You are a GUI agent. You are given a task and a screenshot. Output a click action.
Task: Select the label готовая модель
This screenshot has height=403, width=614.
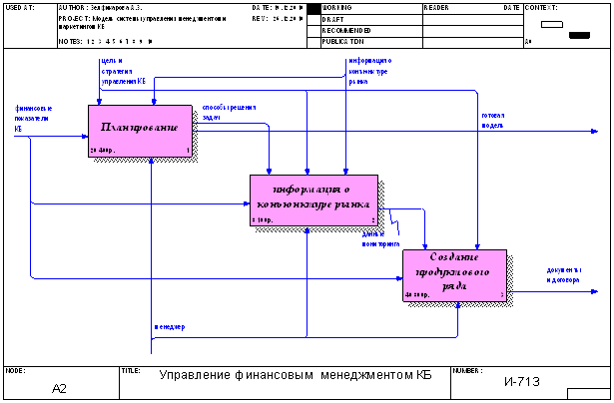click(492, 121)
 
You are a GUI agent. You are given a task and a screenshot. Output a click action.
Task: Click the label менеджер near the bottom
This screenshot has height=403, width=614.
click(169, 327)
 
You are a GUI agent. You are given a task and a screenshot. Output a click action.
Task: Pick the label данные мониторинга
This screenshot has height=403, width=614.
click(380, 239)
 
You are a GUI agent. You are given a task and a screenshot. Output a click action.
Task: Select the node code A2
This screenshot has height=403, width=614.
click(58, 387)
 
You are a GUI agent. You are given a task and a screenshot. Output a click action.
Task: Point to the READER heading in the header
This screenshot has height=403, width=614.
click(437, 7)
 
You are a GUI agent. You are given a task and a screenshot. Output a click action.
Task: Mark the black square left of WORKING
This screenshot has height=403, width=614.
click(313, 8)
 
